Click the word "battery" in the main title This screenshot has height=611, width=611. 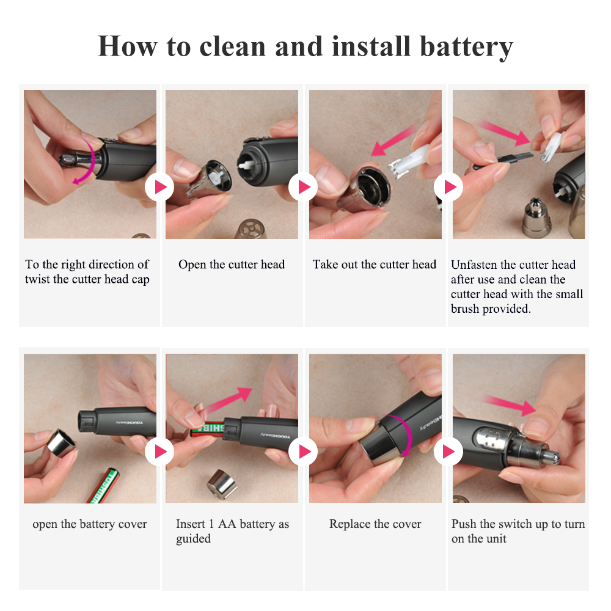pyautogui.click(x=466, y=47)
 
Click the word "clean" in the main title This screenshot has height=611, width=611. pyautogui.click(x=232, y=46)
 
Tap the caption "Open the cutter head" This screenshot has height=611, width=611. pyautogui.click(x=232, y=264)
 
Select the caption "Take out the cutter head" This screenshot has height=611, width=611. pyautogui.click(x=375, y=264)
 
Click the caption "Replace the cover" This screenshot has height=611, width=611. pyautogui.click(x=375, y=524)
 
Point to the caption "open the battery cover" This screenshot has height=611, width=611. pyautogui.click(x=90, y=524)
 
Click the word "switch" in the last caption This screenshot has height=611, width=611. pyautogui.click(x=514, y=524)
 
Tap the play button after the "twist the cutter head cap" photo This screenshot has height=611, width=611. pyautogui.click(x=159, y=187)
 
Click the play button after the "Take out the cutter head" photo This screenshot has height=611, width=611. pyautogui.click(x=448, y=186)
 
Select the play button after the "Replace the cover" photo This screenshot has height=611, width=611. pyautogui.click(x=448, y=452)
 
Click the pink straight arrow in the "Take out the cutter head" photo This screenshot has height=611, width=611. pyautogui.click(x=393, y=139)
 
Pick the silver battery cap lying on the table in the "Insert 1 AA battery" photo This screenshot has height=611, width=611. pyautogui.click(x=222, y=484)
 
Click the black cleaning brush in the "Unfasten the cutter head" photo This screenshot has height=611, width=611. pyautogui.click(x=503, y=159)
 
